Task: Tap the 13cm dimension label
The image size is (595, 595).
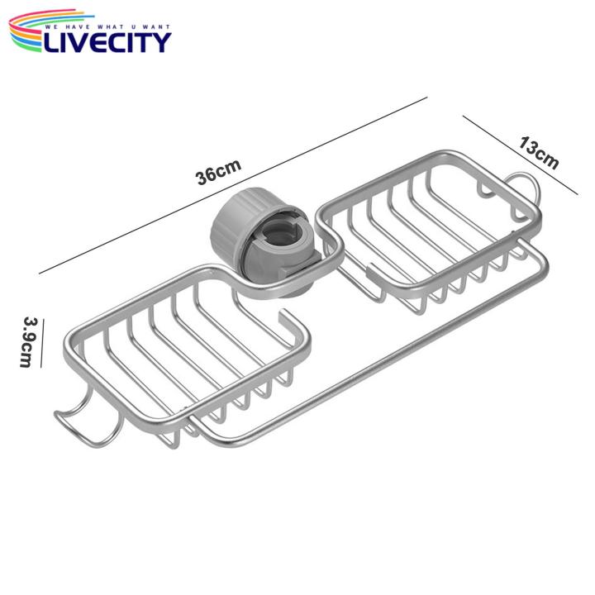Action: coord(539,154)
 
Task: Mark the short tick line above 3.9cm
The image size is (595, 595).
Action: coord(36,319)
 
